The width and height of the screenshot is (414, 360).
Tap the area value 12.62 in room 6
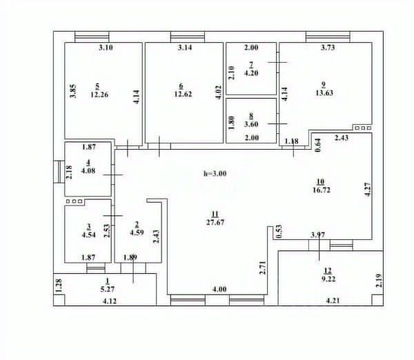[x=181, y=94]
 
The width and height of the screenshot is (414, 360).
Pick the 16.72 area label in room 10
[x=321, y=189]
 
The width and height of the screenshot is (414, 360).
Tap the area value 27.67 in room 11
[x=215, y=222]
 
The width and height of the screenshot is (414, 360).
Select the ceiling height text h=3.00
[x=215, y=174]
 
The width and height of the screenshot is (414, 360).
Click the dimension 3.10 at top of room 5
[x=105, y=48]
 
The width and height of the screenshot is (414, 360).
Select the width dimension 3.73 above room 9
[x=328, y=48]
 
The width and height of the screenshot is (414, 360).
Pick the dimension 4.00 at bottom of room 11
[x=219, y=289]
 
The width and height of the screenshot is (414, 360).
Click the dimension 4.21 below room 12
[x=333, y=300]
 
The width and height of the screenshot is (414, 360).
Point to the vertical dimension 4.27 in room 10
[x=367, y=190]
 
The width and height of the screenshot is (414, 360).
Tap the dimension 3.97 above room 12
[x=318, y=235]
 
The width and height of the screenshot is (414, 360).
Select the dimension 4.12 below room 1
[x=109, y=301]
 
